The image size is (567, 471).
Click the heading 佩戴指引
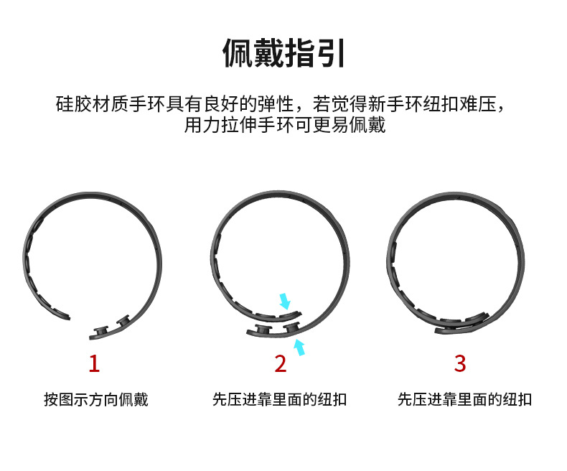pos(283,54)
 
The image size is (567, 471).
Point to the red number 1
pos(94,363)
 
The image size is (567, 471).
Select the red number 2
pos(280,363)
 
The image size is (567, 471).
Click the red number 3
pos(460,363)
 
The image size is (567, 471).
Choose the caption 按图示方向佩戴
pos(95,399)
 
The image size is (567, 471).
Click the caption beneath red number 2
pos(280,399)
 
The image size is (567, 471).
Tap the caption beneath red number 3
pos(464,399)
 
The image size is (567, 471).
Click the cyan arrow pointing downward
pos(286,300)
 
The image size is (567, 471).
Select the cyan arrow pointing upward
pos(300,349)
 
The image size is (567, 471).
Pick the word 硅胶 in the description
pos(72,103)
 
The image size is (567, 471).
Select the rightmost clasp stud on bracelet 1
pos(121,321)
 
